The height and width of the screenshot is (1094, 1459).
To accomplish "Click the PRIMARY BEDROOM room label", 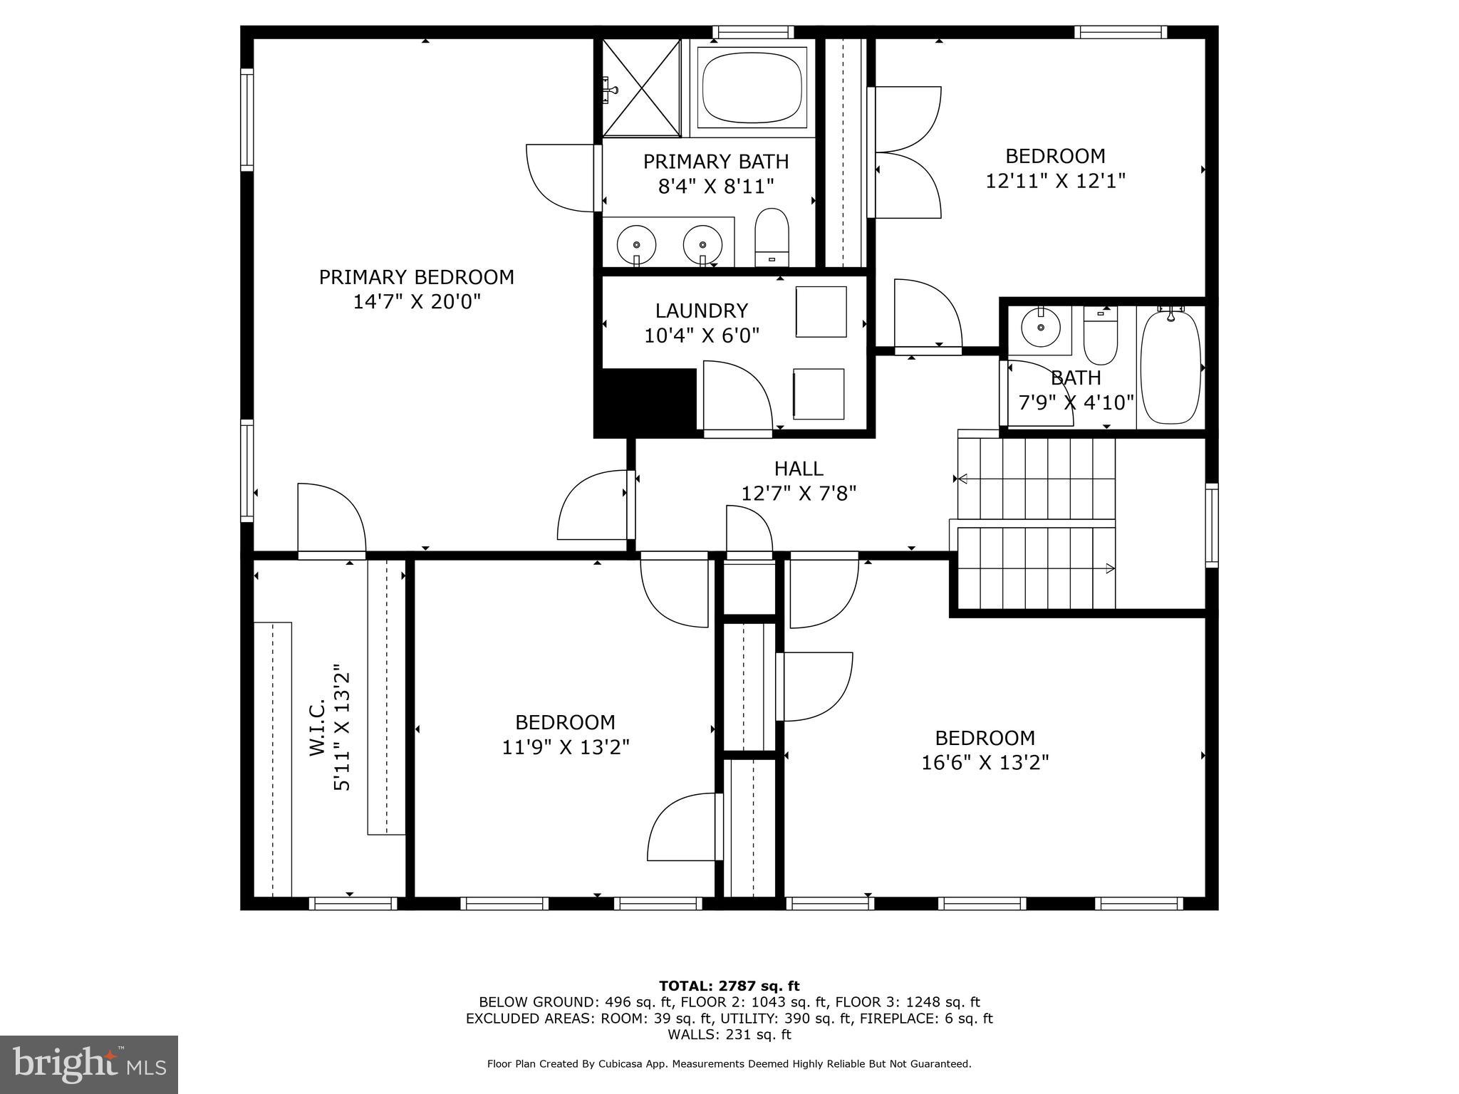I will [x=416, y=277].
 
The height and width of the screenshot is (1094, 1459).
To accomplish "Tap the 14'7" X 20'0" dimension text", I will [x=417, y=302].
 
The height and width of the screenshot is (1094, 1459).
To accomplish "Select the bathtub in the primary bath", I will [x=753, y=88].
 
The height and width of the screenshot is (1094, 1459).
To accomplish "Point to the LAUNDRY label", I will [x=701, y=311].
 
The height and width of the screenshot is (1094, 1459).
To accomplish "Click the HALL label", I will [x=798, y=469].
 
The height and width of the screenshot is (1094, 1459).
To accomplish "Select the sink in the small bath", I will [x=1041, y=328].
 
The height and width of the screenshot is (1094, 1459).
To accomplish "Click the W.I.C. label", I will [x=318, y=726].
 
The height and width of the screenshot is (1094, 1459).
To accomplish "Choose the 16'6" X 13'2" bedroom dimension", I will [x=985, y=763].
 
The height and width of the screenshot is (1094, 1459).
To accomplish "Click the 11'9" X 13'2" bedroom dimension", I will [x=566, y=747].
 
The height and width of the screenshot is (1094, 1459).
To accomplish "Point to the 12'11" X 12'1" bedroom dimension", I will [x=1054, y=181].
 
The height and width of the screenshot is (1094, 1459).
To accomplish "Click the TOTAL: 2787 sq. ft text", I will [x=729, y=986].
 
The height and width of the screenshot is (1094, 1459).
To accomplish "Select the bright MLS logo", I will [x=89, y=1064].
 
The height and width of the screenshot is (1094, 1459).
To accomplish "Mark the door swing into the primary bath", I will [x=561, y=178].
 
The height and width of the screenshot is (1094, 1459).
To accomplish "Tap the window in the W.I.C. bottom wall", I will [x=353, y=903].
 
